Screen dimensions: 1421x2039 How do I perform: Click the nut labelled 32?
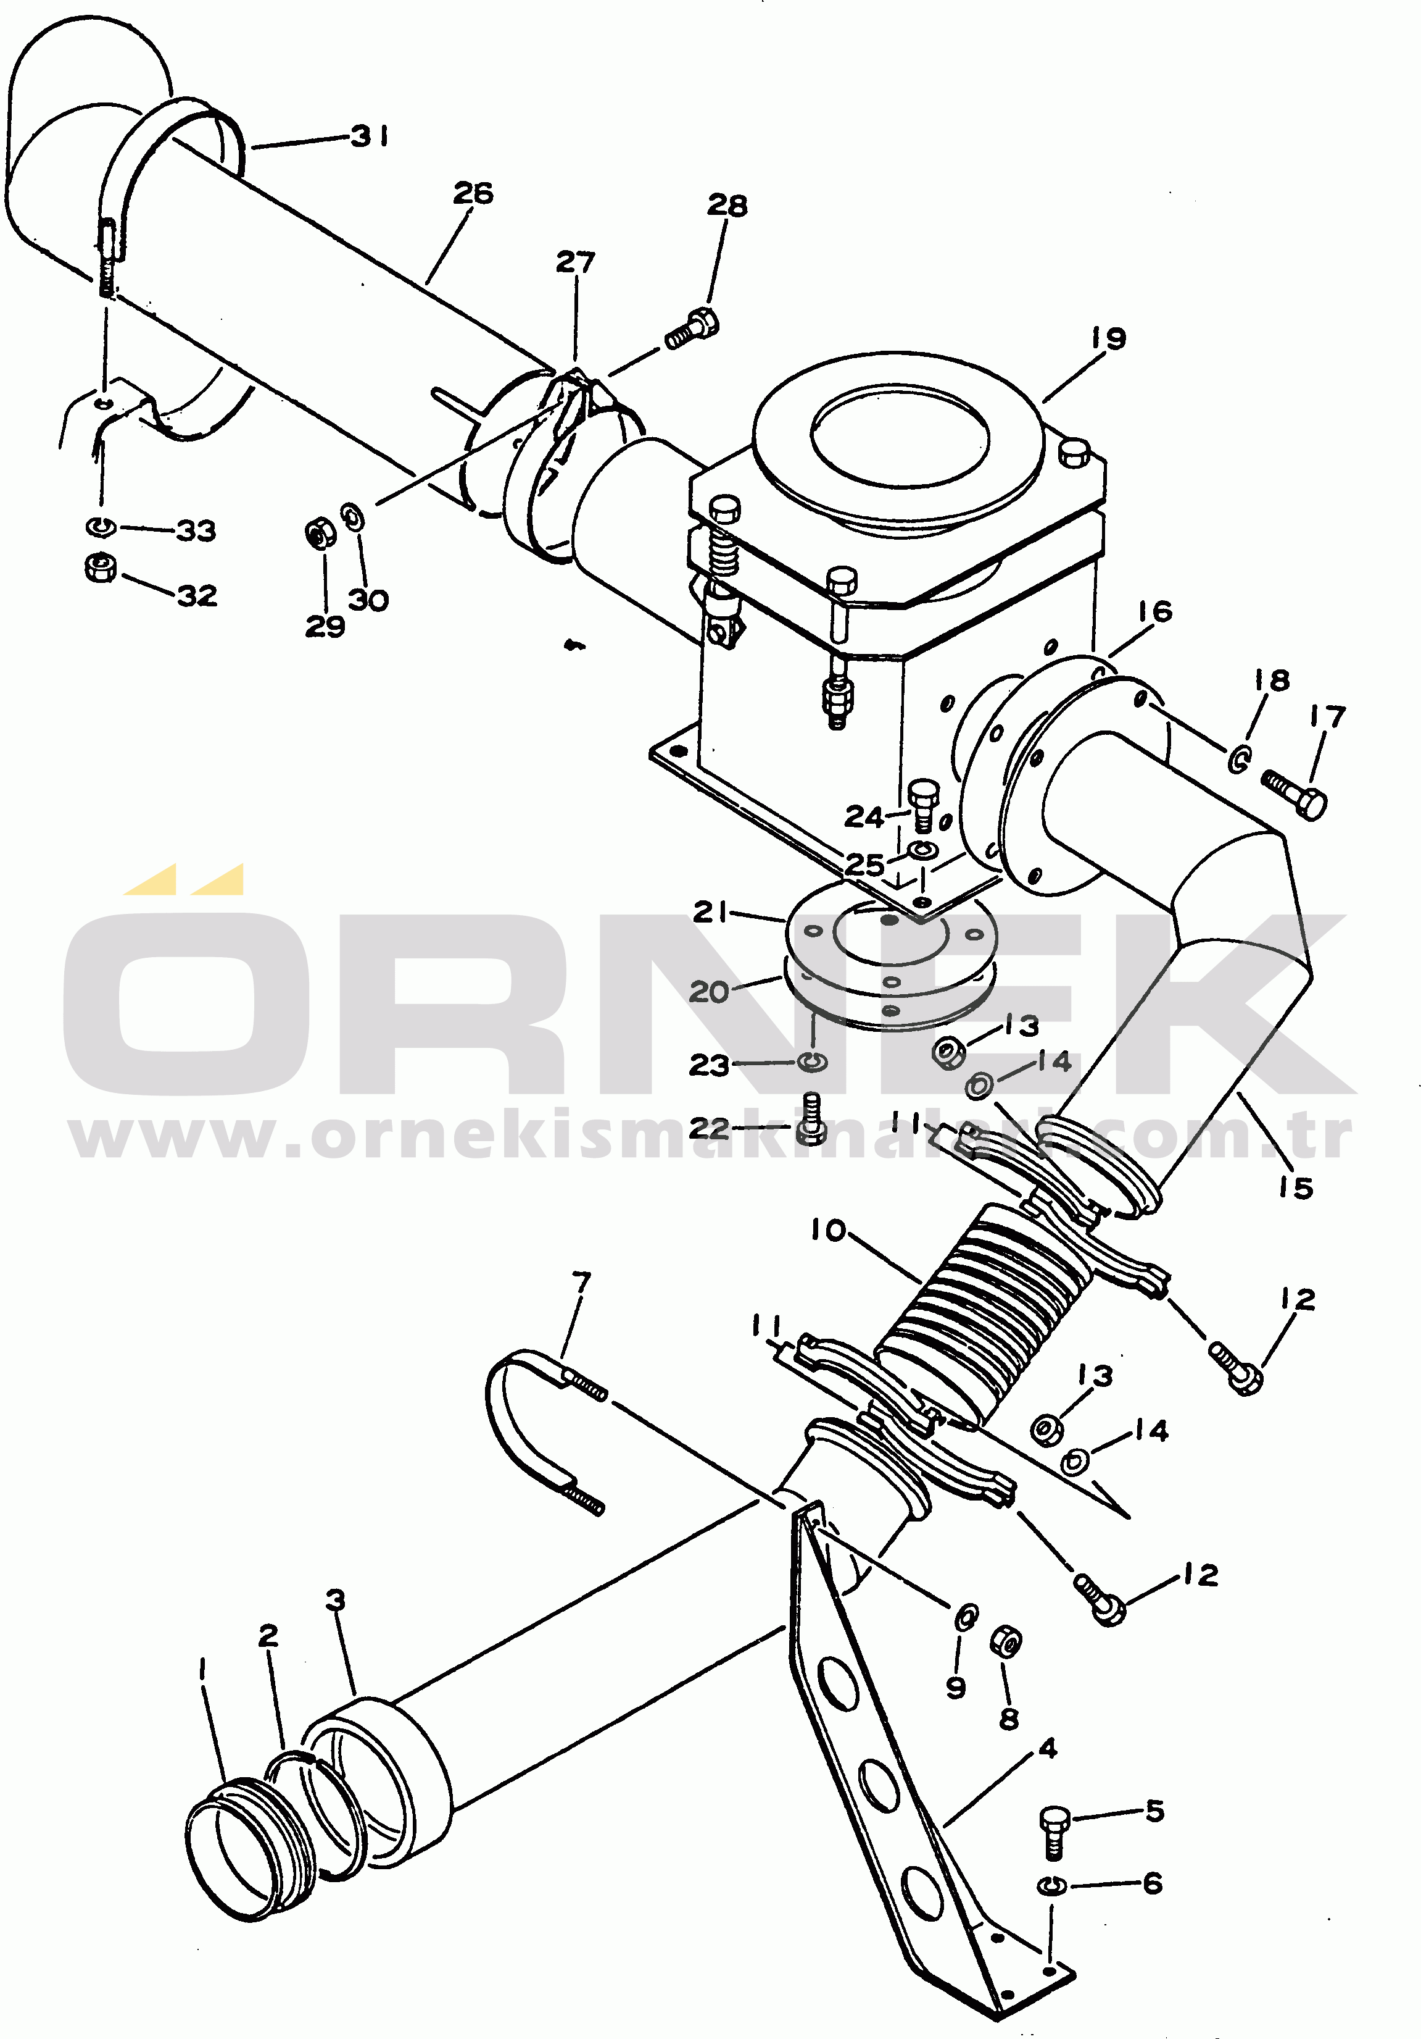click(99, 567)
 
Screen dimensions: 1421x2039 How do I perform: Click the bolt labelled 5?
click(1053, 1832)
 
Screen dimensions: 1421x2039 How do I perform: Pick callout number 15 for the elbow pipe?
click(1295, 1187)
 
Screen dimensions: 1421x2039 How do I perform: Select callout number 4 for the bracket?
click(1048, 1749)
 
